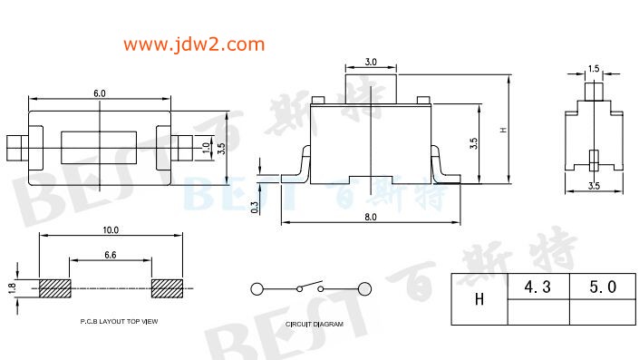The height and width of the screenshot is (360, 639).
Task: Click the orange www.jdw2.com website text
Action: click(x=194, y=44)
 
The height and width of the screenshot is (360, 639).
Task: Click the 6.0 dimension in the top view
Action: click(x=100, y=93)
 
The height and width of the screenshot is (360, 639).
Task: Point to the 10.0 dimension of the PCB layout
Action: click(x=111, y=230)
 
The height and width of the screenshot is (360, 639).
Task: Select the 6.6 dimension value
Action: click(x=111, y=255)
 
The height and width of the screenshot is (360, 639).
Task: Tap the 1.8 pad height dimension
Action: click(x=12, y=288)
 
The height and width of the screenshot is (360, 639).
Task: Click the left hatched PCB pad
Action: click(x=55, y=288)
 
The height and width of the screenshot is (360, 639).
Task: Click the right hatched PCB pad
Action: click(x=167, y=288)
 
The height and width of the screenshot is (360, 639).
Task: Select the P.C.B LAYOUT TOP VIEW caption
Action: click(x=119, y=321)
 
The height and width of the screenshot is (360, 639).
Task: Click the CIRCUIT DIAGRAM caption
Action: click(x=315, y=324)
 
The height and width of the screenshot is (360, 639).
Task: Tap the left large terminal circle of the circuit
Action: click(x=257, y=289)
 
